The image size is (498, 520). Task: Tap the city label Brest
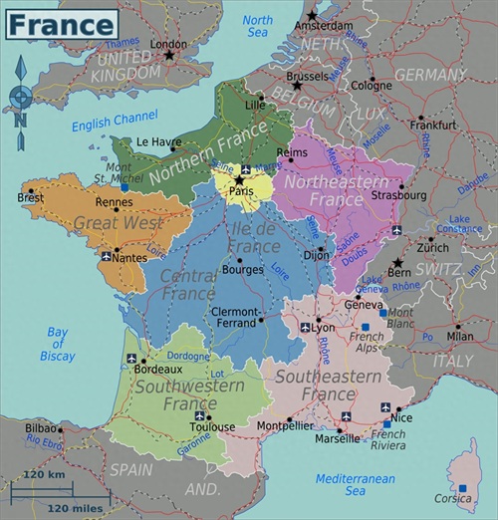click(x=30, y=197)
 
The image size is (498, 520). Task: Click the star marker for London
click(x=169, y=56)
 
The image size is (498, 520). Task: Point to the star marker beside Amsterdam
click(x=312, y=15)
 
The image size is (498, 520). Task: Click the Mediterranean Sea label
click(x=355, y=484)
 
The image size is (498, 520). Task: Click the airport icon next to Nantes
click(x=106, y=257)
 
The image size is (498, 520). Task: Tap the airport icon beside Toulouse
click(x=200, y=415)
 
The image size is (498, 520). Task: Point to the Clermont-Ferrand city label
click(x=234, y=317)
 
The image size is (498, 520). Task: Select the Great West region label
click(x=104, y=223)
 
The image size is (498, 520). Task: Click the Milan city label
click(x=460, y=337)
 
